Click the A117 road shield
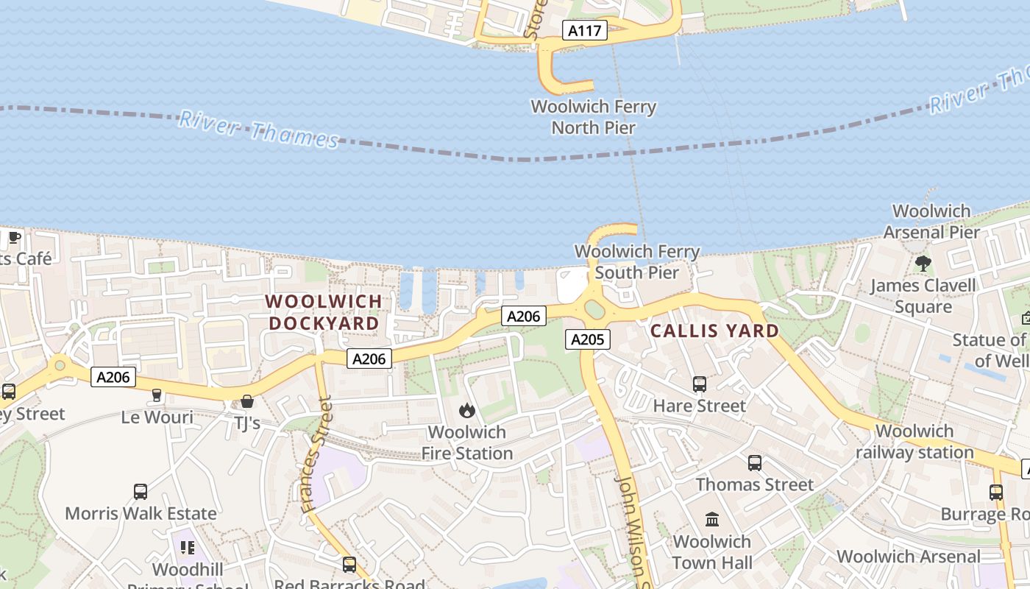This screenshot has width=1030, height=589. (586, 31)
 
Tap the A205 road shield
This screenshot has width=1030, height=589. (587, 339)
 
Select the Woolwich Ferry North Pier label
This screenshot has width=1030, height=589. (593, 117)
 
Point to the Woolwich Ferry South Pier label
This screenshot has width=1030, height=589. (636, 262)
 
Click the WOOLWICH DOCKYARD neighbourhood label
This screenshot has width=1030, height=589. (324, 312)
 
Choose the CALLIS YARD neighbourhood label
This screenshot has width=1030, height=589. (714, 331)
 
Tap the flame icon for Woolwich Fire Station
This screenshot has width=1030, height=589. (466, 411)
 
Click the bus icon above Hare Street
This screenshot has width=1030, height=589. (699, 384)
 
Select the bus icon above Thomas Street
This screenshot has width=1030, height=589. (755, 463)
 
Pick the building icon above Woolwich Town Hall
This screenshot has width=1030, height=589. (711, 520)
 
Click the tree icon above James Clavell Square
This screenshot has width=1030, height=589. (923, 264)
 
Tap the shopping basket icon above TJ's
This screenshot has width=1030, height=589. (247, 401)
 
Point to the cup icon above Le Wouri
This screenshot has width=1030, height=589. (156, 396)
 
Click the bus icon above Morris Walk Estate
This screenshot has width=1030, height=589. (140, 492)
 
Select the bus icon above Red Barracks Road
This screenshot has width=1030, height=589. (349, 565)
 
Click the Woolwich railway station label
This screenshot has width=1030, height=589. (914, 442)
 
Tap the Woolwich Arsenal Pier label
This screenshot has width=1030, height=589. (931, 222)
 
